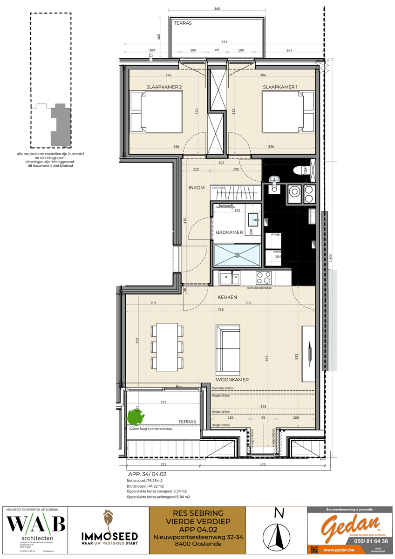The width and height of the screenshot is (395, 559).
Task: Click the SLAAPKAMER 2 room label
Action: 164,87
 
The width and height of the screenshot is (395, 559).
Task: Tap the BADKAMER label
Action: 229,232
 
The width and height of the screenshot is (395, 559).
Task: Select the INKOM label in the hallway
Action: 197,188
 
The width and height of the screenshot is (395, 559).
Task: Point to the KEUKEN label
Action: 227,297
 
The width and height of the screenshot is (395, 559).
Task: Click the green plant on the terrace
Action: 135,416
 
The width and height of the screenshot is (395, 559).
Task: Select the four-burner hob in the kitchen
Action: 264,278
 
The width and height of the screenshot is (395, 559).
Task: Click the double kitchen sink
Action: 230,278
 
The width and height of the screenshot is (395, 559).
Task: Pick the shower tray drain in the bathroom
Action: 238,255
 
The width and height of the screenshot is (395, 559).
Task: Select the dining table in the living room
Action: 166,346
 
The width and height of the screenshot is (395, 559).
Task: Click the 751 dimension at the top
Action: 224,42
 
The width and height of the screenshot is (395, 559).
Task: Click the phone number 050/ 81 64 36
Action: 371,541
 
